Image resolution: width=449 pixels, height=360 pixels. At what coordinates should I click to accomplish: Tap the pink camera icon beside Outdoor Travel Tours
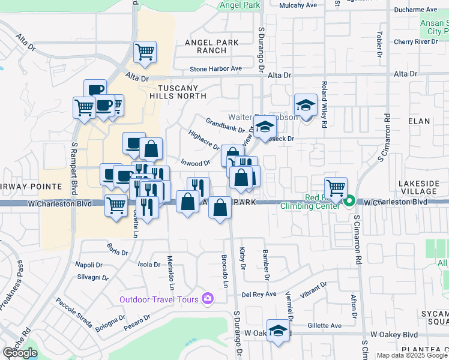tap(208, 298)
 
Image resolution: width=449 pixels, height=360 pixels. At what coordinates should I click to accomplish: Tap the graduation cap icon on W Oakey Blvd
tap(278, 331)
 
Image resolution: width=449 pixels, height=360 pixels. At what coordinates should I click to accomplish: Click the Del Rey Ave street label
tap(259, 294)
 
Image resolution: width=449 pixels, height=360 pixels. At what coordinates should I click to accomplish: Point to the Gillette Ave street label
tap(324, 326)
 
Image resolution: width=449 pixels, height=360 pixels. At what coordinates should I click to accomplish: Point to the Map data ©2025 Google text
tap(412, 355)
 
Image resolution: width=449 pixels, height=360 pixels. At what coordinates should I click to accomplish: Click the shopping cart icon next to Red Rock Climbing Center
tap(336, 188)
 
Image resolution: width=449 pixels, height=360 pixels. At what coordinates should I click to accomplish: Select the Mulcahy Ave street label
tap(298, 5)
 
